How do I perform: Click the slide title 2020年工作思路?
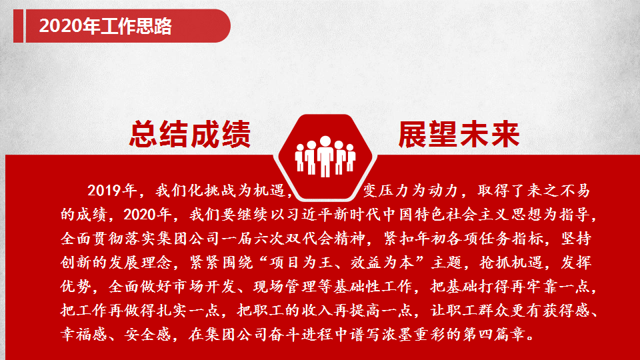tap(105, 26)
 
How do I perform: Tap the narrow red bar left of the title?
tap(19, 26)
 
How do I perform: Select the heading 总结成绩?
tap(190, 134)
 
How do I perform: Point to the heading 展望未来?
tap(459, 134)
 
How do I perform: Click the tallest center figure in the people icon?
tap(325, 156)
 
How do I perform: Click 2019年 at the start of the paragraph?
tap(112, 191)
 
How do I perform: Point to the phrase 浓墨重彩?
tap(414, 335)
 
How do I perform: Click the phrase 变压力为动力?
tap(410, 191)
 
